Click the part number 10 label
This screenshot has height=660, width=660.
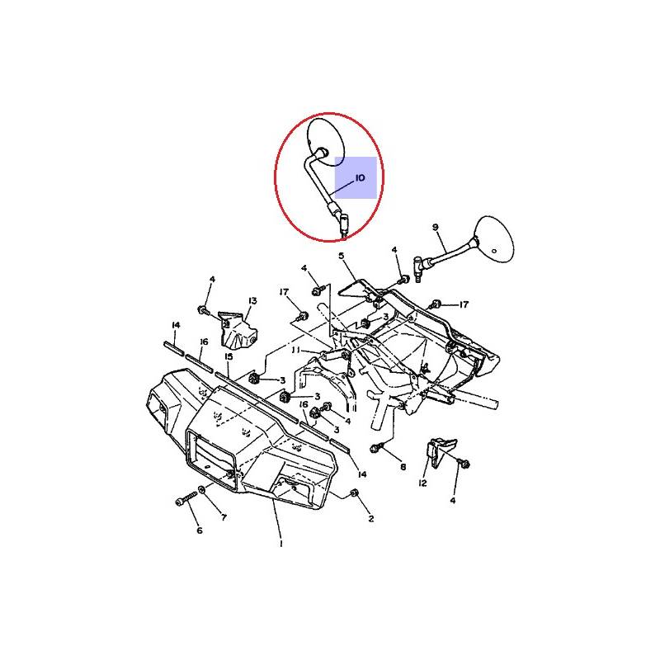[x=360, y=178]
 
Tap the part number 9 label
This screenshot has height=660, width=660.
[x=436, y=228]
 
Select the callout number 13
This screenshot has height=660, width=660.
[x=252, y=301]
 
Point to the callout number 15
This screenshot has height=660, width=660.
[x=229, y=357]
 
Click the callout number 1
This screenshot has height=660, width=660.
[x=280, y=544]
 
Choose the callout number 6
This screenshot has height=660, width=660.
[x=200, y=530]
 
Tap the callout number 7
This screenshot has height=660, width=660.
[x=224, y=517]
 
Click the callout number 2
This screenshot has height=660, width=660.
[x=370, y=519]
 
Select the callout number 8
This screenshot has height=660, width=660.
[x=403, y=467]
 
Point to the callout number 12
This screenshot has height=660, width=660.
[x=422, y=483]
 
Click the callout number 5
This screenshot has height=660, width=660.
[x=342, y=256]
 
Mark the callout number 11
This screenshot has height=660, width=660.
[x=296, y=350]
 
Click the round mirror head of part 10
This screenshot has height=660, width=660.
[x=327, y=142]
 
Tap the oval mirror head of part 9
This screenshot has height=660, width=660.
[x=494, y=238]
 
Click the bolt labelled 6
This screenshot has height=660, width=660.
[x=186, y=499]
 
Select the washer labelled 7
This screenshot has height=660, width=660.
[x=201, y=489]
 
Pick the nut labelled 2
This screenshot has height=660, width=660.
[x=354, y=493]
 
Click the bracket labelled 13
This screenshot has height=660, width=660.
[x=238, y=331]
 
